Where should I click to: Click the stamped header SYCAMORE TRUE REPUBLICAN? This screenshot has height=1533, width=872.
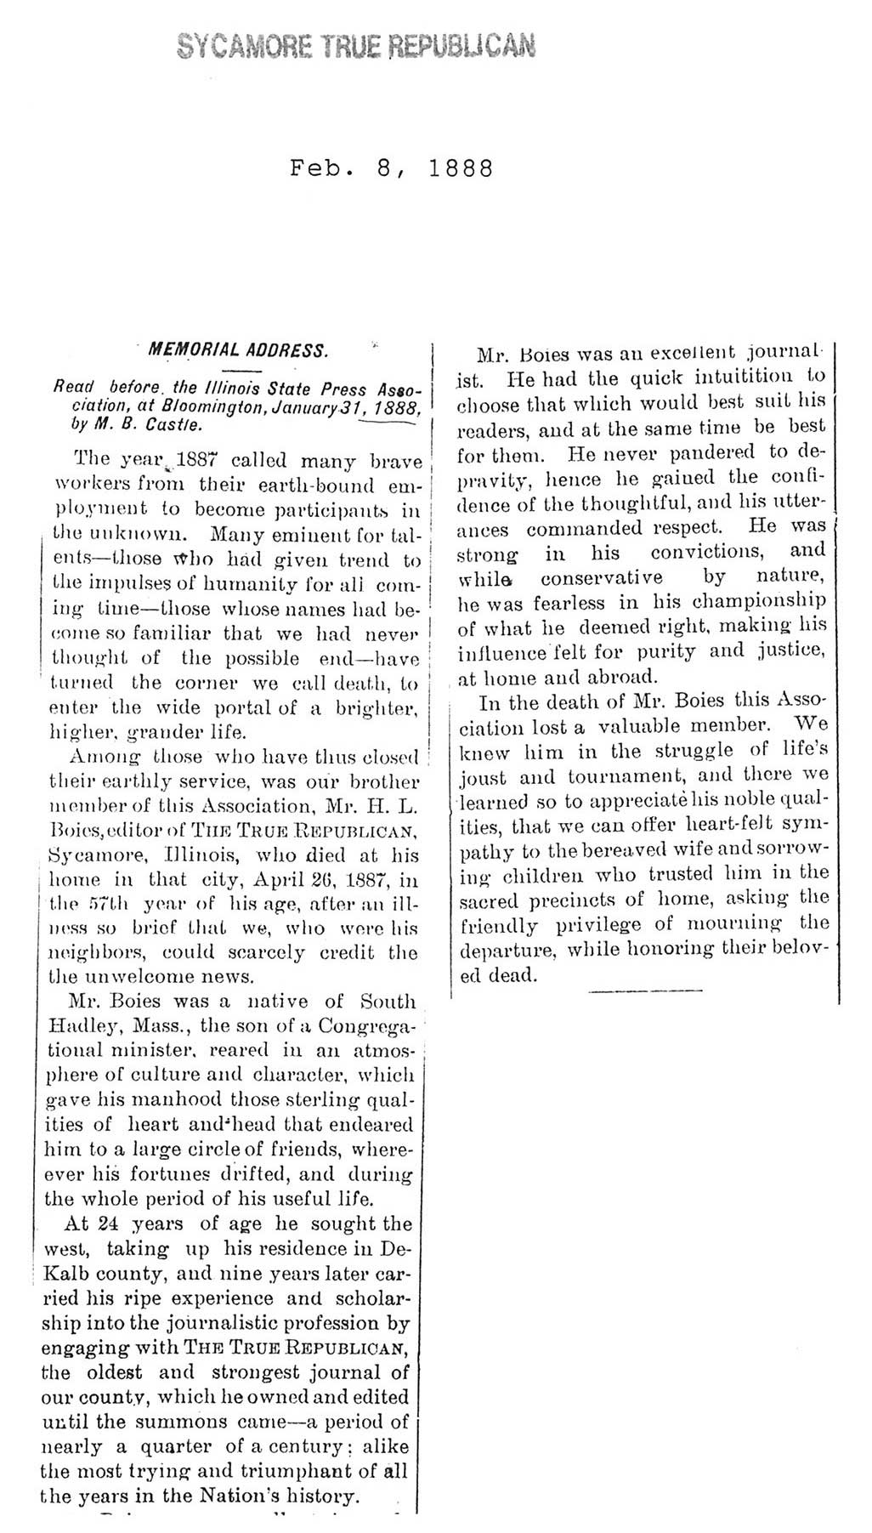click(x=357, y=43)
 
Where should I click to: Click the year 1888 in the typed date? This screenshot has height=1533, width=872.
click(x=461, y=167)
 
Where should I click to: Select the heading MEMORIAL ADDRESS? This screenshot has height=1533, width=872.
click(x=237, y=349)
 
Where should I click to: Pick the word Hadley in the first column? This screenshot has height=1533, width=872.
click(x=78, y=1026)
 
